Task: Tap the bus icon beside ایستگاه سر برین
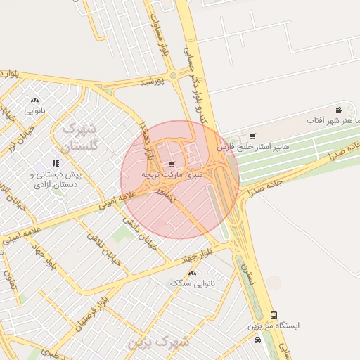[274, 316]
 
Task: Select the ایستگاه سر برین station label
[274, 326]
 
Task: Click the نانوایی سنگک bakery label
[192, 283]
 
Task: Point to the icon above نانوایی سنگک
[192, 272]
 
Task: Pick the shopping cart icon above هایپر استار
[252, 136]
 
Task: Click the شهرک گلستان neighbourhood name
[78, 138]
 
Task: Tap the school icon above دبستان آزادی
[56, 164]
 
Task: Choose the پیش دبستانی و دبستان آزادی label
[56, 179]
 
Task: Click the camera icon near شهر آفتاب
[339, 110]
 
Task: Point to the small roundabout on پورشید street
[173, 75]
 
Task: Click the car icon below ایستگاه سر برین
[258, 339]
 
